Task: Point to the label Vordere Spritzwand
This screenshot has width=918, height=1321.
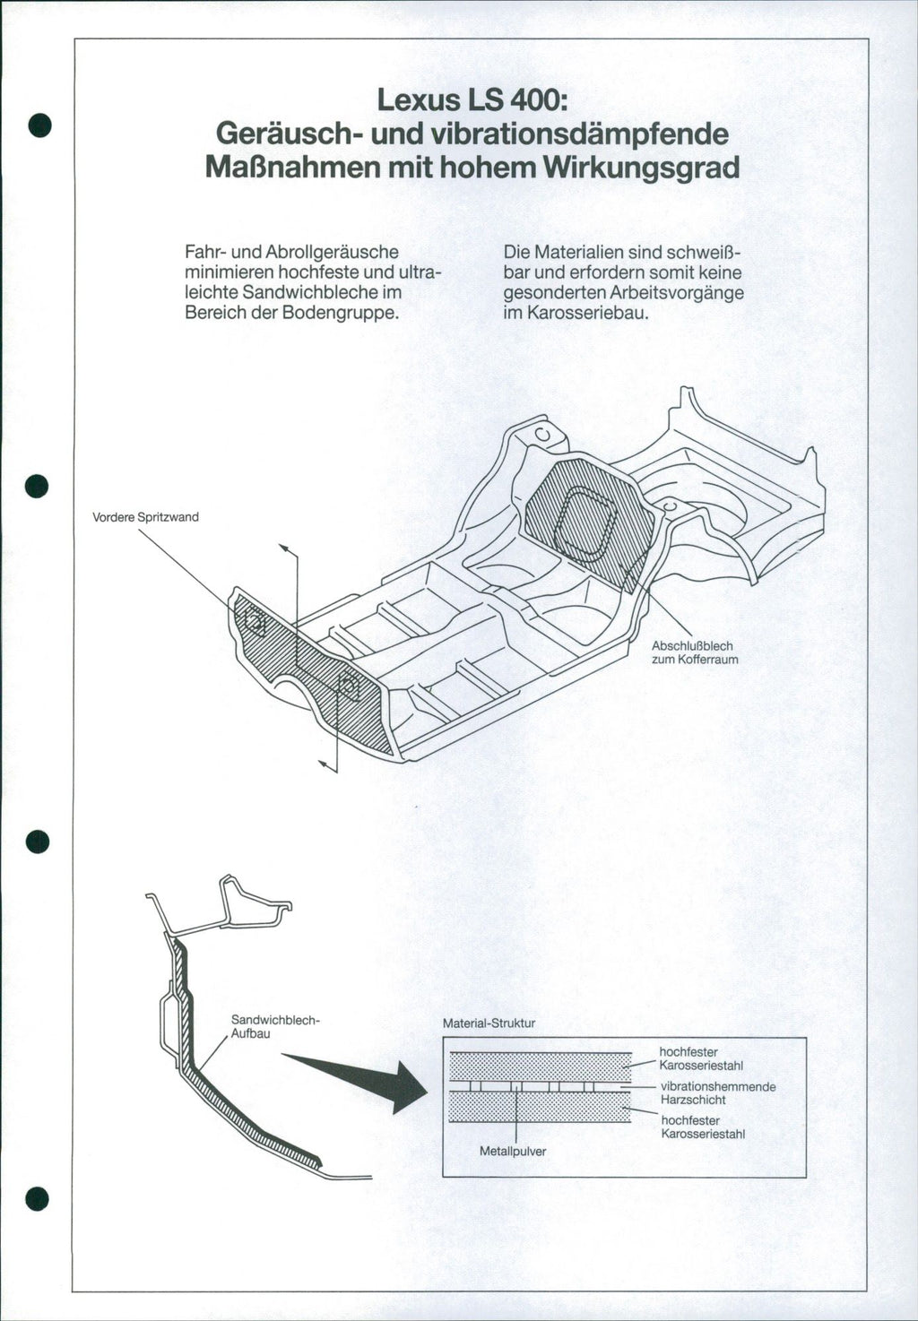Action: (x=146, y=517)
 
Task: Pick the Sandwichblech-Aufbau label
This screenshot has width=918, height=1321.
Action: (x=275, y=1026)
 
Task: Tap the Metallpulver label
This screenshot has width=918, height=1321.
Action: (x=513, y=1152)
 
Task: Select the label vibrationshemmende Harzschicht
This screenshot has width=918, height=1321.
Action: (x=717, y=1093)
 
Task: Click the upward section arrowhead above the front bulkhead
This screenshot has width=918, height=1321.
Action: (x=284, y=547)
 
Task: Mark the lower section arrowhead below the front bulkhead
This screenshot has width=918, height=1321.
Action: (x=325, y=764)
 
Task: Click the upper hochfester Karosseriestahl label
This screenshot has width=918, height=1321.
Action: (x=701, y=1058)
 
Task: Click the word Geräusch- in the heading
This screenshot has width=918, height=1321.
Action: (x=287, y=134)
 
